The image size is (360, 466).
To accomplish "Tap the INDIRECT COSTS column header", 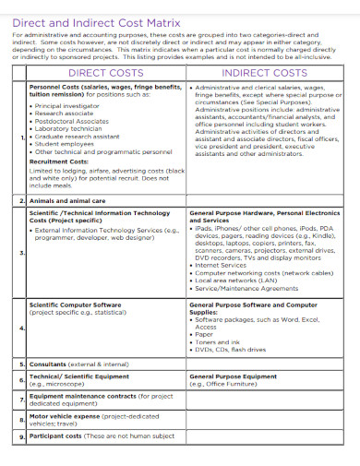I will coord(265,72).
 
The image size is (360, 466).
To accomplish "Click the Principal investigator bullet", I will coord(70,105).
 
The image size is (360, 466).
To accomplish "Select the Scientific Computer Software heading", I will coord(75,304).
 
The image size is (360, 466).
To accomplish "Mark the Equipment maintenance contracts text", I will coord(81,396).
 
